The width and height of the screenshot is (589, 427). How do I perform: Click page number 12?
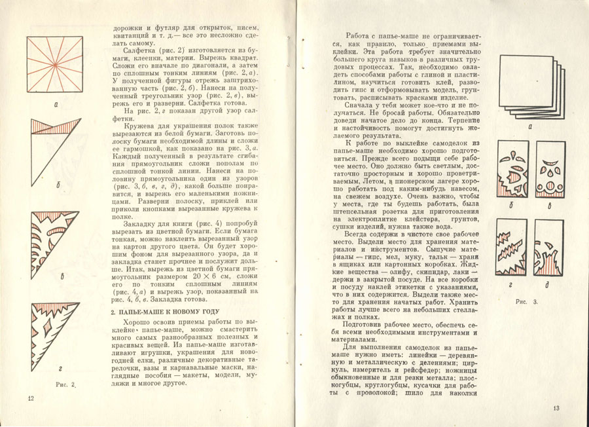point(30,398)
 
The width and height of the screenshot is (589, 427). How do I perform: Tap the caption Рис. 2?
point(67,383)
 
